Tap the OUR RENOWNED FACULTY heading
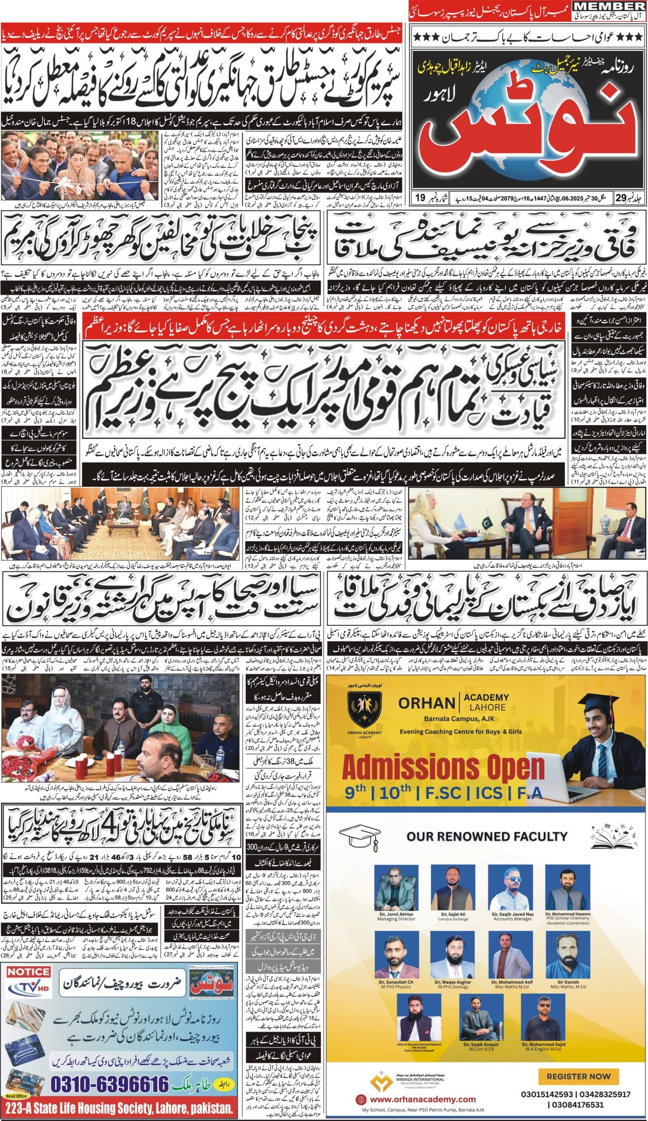coord(487,836)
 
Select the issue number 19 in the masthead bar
coord(419,196)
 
